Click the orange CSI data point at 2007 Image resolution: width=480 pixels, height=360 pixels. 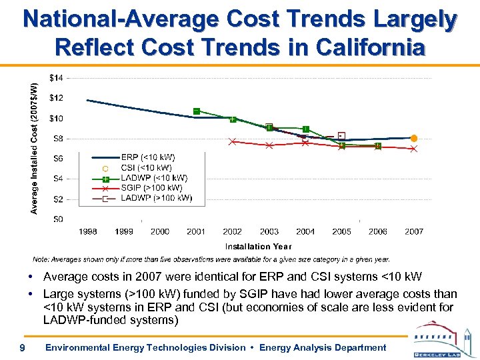point(414,138)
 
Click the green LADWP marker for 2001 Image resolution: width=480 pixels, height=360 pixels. point(197,111)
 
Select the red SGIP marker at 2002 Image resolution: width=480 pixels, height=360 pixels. point(233,141)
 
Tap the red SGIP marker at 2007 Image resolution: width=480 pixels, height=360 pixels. point(414,149)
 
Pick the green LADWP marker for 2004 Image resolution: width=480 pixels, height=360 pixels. point(305,129)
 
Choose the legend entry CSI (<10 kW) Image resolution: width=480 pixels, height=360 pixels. point(146,167)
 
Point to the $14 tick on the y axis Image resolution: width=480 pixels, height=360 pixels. point(57,78)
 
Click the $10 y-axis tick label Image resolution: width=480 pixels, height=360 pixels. point(57,119)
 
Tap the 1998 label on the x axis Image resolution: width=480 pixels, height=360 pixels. point(88,231)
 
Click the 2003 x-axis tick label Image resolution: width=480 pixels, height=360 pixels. point(269,231)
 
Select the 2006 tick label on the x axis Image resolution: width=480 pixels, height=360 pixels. point(378,231)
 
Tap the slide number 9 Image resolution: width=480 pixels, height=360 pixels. point(22,347)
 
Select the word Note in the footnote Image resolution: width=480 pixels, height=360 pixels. point(42,259)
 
